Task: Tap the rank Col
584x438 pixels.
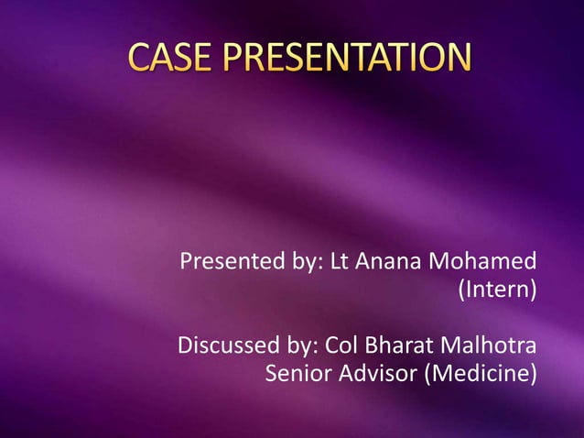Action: (343, 347)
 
